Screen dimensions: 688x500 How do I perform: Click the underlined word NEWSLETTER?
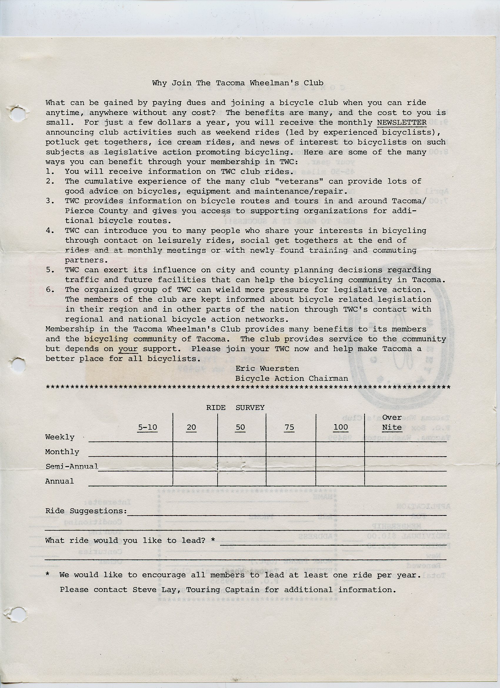pyautogui.click(x=401, y=123)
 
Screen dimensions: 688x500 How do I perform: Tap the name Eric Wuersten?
pyautogui.click(x=267, y=369)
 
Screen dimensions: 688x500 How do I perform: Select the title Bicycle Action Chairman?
pyautogui.click(x=291, y=378)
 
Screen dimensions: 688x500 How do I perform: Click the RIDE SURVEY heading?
pyautogui.click(x=235, y=408)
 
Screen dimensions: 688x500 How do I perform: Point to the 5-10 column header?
pyautogui.click(x=147, y=427)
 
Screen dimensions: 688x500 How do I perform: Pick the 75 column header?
pyautogui.click(x=289, y=427)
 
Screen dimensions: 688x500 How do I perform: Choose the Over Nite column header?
pyautogui.click(x=392, y=423)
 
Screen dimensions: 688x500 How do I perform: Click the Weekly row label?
pyautogui.click(x=60, y=437)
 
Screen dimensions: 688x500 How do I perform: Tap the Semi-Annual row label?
pyautogui.click(x=71, y=467)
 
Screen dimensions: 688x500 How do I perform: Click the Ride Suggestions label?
pyautogui.click(x=86, y=511)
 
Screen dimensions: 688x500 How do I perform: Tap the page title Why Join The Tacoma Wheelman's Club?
pyautogui.click(x=238, y=83)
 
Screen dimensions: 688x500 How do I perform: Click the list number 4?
pyautogui.click(x=50, y=231)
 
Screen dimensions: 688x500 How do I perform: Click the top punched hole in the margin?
pyautogui.click(x=16, y=114)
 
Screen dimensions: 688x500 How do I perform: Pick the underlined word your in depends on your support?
pyautogui.click(x=128, y=349)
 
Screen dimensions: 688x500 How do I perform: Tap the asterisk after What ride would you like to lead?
pyautogui.click(x=213, y=540)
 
